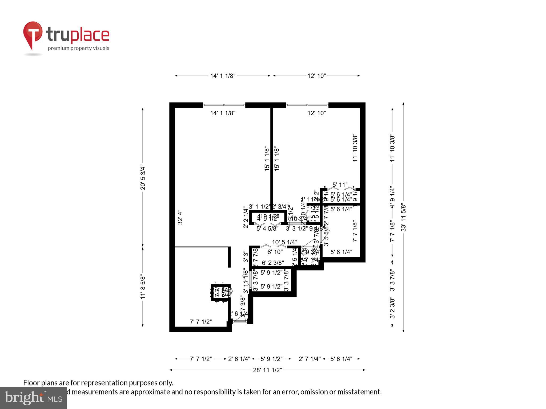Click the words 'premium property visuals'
(x=78, y=48)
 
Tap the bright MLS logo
(x=33, y=398)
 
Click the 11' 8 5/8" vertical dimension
(x=143, y=287)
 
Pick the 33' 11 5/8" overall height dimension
(x=403, y=217)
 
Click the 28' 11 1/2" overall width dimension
(x=267, y=370)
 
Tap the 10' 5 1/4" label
(x=284, y=242)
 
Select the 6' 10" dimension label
(x=275, y=252)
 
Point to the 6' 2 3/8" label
(x=273, y=263)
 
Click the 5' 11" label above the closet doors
(x=340, y=185)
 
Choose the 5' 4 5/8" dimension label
(x=267, y=228)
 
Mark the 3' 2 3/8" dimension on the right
(x=392, y=308)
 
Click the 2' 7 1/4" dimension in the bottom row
(x=309, y=359)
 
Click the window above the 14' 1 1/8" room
(x=224, y=105)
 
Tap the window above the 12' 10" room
(x=307, y=105)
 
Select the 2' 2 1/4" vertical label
(x=246, y=217)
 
